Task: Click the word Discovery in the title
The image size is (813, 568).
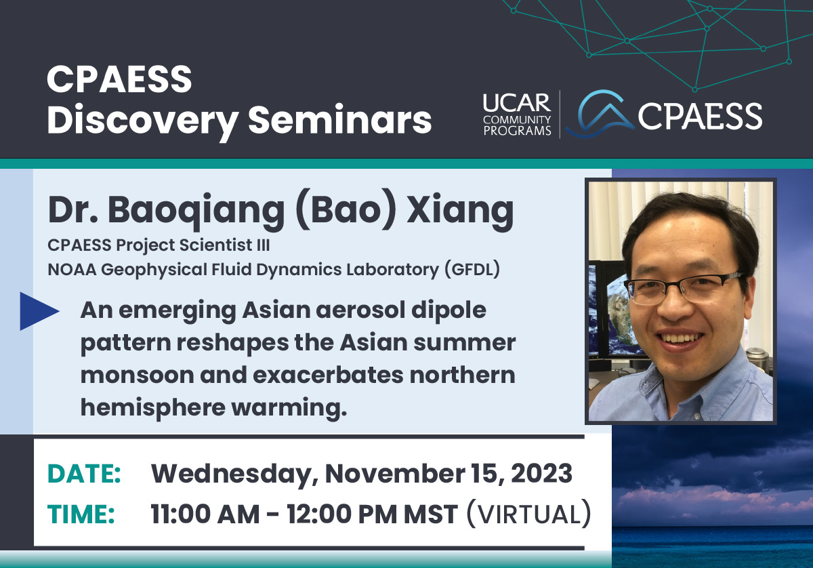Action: (x=143, y=121)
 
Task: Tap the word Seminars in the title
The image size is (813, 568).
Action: (x=339, y=119)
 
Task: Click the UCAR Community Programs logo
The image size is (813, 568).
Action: (x=517, y=115)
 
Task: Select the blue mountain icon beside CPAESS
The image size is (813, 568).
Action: (x=600, y=114)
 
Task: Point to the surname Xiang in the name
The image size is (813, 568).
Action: (x=460, y=213)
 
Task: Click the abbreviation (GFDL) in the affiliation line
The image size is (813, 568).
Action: (x=472, y=270)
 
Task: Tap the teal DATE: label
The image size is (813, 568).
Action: (x=84, y=474)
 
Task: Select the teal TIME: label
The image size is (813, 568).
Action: (x=81, y=514)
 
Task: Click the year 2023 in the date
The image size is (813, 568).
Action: (x=541, y=474)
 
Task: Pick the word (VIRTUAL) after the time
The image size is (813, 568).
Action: (x=529, y=514)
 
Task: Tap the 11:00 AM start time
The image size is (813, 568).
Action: (x=205, y=514)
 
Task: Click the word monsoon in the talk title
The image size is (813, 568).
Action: (x=137, y=376)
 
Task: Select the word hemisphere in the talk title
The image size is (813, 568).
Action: (x=153, y=408)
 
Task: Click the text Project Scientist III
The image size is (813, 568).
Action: (x=192, y=245)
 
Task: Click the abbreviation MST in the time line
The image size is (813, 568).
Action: (x=431, y=514)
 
